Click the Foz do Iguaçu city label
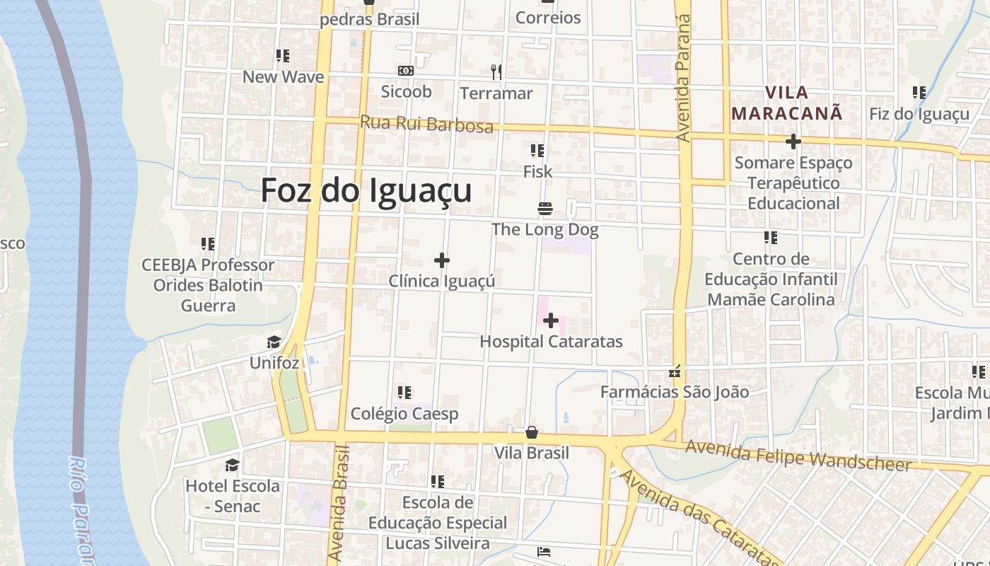366,190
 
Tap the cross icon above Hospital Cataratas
551,321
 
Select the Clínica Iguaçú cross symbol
442,260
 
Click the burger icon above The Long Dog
544,209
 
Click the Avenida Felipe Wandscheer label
798,456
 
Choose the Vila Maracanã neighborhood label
787,103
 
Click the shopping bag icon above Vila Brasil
532,432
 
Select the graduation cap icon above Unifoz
274,343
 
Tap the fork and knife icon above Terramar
496,72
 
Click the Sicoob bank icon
406,71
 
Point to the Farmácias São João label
674,391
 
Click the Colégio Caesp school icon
404,393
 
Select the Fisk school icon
537,151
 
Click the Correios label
548,18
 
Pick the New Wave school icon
283,56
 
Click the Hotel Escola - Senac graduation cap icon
232,466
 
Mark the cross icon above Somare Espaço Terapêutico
793,141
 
